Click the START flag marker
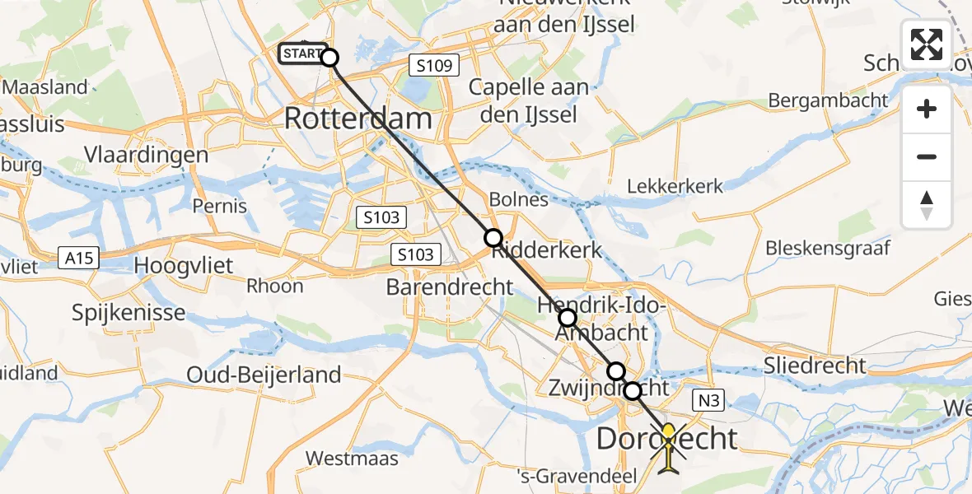tap(303, 54)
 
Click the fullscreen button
tap(927, 44)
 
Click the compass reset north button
tap(927, 205)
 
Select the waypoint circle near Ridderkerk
tap(493, 239)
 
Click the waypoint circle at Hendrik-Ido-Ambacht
tap(568, 318)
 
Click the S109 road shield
tap(434, 65)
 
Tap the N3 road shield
tap(711, 401)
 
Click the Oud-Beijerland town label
tap(264, 375)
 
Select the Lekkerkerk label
tap(675, 186)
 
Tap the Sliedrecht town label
tap(814, 366)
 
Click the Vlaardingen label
tap(147, 156)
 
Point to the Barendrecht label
tap(450, 287)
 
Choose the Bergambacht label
tap(828, 100)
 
